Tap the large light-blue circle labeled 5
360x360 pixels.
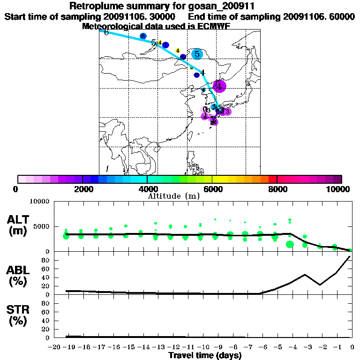click(x=197, y=54)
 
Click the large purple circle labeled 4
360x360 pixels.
click(x=219, y=86)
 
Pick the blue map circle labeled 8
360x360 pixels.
click(x=143, y=36)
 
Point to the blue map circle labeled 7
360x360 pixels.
click(x=165, y=45)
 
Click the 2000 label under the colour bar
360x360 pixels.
click(x=82, y=189)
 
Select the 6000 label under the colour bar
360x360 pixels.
click(x=212, y=189)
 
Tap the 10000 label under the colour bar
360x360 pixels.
click(x=337, y=189)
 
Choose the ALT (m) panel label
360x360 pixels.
click(x=19, y=225)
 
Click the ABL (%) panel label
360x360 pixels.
click(x=19, y=277)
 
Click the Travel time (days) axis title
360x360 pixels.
click(x=205, y=355)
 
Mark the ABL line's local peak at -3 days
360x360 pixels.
click(x=305, y=275)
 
